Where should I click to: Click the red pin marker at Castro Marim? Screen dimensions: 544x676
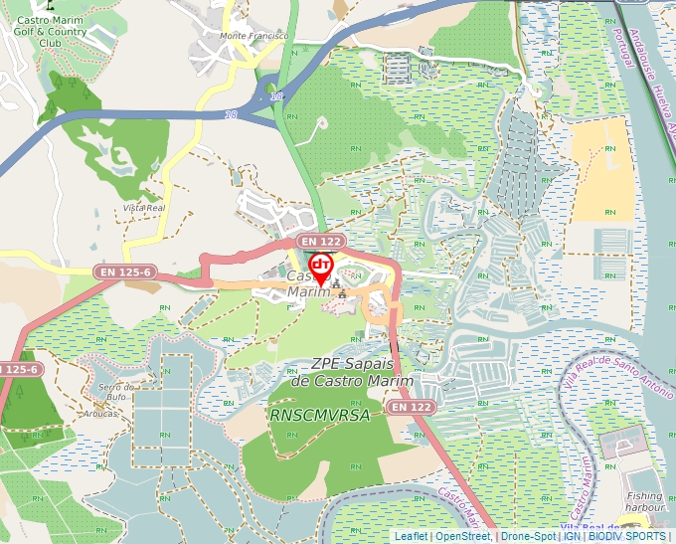coord(321,267)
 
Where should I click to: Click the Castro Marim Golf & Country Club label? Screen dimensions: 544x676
coord(51,33)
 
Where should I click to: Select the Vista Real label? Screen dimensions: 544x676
coord(143,208)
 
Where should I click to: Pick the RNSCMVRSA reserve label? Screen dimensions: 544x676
coord(319,415)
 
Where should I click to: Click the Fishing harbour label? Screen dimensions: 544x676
coord(643,500)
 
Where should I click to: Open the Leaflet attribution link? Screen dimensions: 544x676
coord(411,536)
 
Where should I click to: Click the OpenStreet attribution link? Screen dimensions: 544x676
coord(462,536)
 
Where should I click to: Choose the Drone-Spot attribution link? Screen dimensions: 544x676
coord(528,536)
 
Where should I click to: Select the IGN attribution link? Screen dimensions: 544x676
coord(572,536)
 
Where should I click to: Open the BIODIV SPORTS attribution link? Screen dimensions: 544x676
coord(627,536)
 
